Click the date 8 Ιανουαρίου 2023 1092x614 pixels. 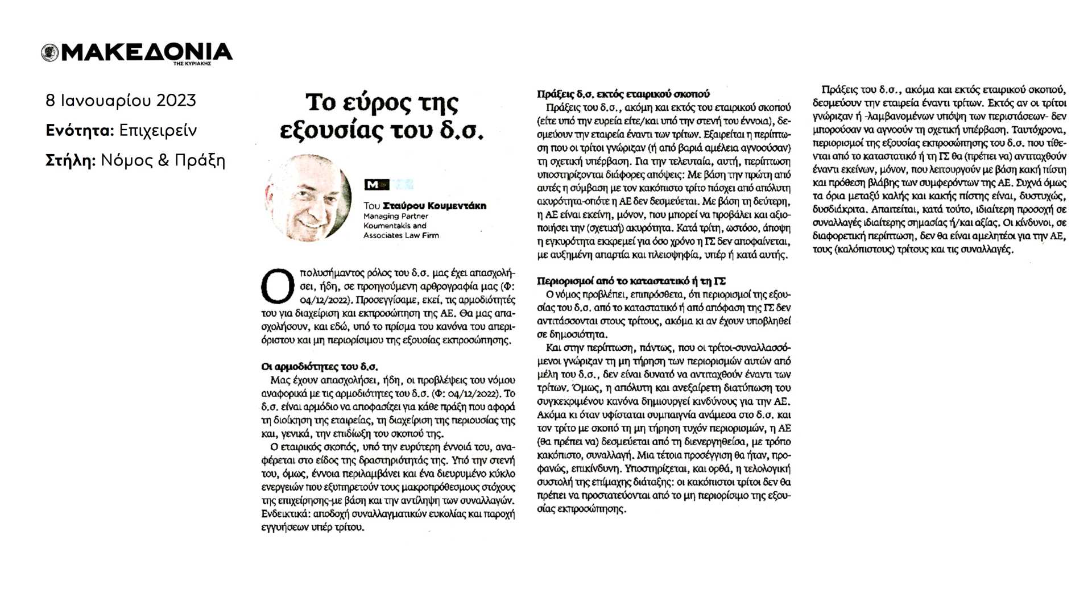(121, 101)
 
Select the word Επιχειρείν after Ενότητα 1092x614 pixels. (158, 131)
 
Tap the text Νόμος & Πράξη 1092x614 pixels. (163, 161)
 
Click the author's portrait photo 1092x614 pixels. (308, 198)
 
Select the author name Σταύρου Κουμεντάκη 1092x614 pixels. (435, 206)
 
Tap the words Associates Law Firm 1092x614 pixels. (401, 235)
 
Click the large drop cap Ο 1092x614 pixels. (278, 287)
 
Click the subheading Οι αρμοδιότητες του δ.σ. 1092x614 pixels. (319, 367)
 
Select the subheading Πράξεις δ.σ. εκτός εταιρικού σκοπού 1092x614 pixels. (623, 94)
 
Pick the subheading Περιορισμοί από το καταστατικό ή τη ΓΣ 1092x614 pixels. (631, 281)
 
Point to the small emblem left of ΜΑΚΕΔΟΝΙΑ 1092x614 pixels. (50, 53)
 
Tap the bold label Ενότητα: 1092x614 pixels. (80, 131)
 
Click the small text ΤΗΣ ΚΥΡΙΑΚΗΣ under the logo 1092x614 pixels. (192, 64)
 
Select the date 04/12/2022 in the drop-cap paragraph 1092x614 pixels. (321, 300)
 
